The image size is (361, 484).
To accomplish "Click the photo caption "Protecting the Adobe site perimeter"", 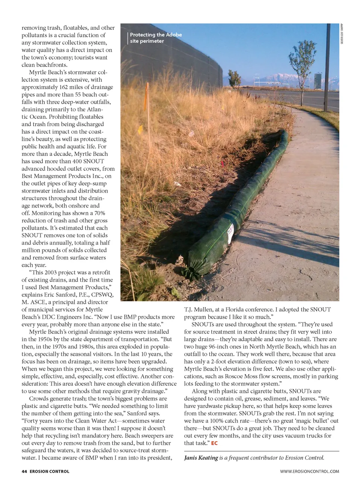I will tap(156, 38).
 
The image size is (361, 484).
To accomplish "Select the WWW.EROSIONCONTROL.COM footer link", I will tap(309, 471).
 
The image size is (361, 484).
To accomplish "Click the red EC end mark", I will tap(214, 443).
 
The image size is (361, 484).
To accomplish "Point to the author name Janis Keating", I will tap(201, 458).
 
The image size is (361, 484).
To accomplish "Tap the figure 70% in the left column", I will tap(100, 213).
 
